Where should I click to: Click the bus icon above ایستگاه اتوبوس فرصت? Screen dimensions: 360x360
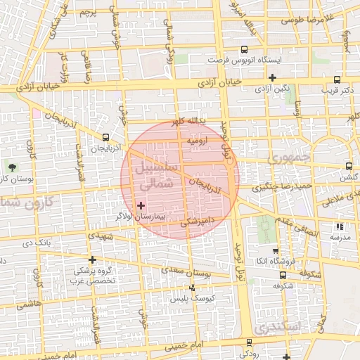click(x=244, y=49)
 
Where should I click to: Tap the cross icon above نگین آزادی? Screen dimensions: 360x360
click(x=274, y=77)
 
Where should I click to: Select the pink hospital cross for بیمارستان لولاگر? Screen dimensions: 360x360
click(x=141, y=205)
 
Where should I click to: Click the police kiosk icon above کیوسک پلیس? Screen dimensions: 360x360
click(x=193, y=288)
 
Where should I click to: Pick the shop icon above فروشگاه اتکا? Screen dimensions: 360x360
click(x=275, y=250)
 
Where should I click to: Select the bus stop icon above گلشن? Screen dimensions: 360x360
click(x=349, y=167)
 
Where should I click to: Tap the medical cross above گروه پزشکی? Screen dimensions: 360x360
click(x=92, y=259)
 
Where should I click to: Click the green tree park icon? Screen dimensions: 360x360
click(x=13, y=166)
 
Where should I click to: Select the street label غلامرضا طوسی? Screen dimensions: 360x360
click(x=306, y=20)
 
